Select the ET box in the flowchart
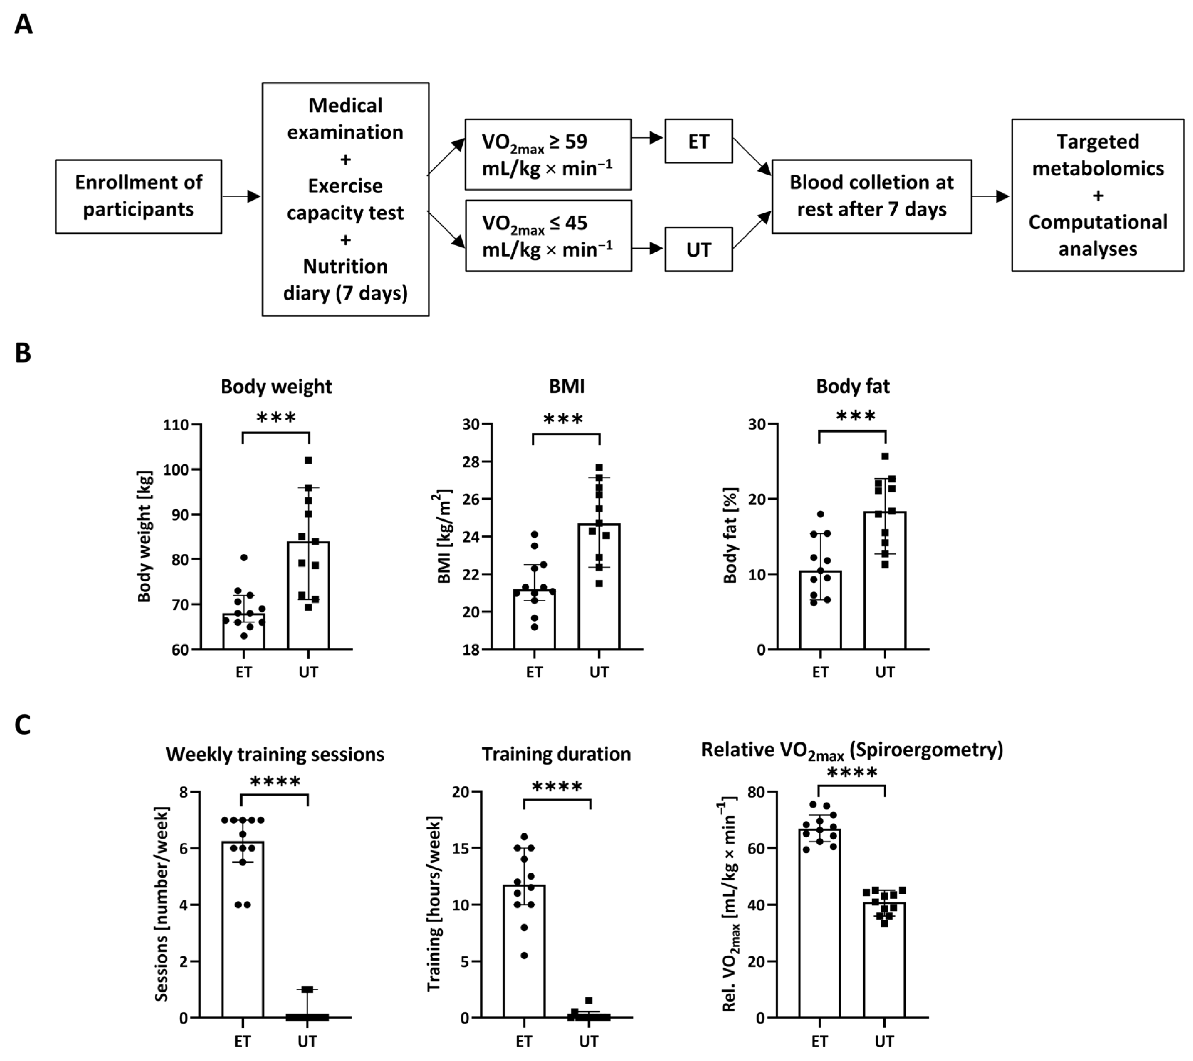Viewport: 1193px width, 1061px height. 698,141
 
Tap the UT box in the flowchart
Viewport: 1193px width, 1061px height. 698,249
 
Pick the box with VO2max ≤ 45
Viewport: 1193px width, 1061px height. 548,236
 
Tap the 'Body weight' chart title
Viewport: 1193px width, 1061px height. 276,386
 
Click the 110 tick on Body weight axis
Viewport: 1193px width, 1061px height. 176,425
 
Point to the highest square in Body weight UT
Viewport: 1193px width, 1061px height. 309,460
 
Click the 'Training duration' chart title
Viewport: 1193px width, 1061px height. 556,754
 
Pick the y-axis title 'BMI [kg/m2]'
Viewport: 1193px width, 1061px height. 445,536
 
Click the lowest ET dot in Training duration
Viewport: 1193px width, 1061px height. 524,956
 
